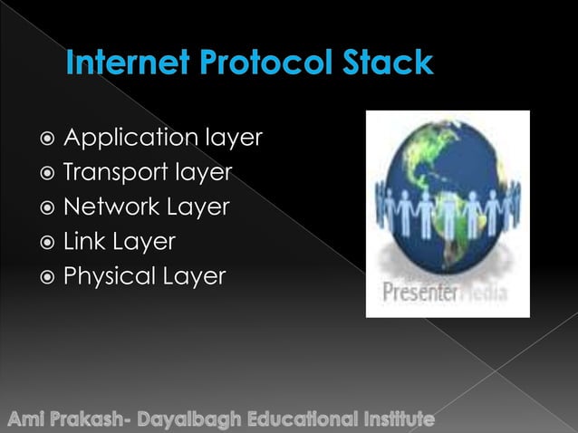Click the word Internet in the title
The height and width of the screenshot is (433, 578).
pos(120,64)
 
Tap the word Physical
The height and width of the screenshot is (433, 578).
pos(105,276)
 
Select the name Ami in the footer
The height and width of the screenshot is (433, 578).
pos(28,420)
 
